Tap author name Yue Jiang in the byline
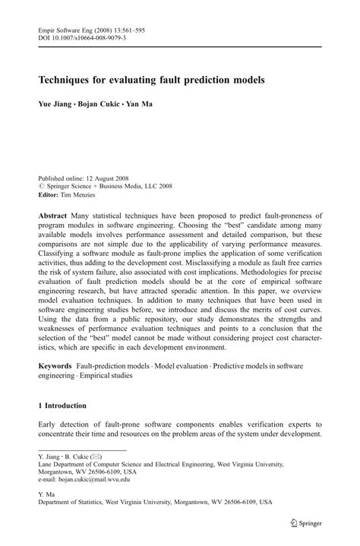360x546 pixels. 55,104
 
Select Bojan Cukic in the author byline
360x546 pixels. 98,104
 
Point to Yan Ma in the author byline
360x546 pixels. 139,104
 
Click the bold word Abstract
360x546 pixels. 55,216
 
